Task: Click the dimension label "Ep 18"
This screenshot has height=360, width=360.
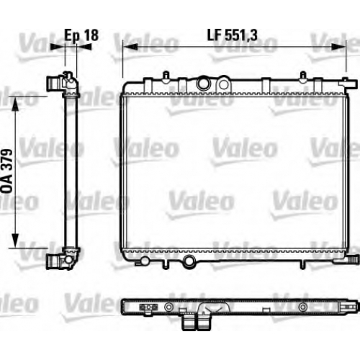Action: click(81, 35)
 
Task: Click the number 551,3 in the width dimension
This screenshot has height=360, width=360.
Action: click(241, 35)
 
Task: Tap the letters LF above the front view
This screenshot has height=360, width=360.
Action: click(215, 35)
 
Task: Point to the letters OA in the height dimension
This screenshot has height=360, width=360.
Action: click(7, 185)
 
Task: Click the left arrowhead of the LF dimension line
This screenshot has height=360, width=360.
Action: click(130, 47)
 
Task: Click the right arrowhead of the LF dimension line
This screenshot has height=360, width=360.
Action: click(338, 47)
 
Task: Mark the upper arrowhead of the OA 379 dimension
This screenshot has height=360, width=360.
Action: click(15, 104)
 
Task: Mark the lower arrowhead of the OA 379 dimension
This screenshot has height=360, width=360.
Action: click(15, 240)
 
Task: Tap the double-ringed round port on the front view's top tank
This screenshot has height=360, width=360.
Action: click(204, 84)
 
